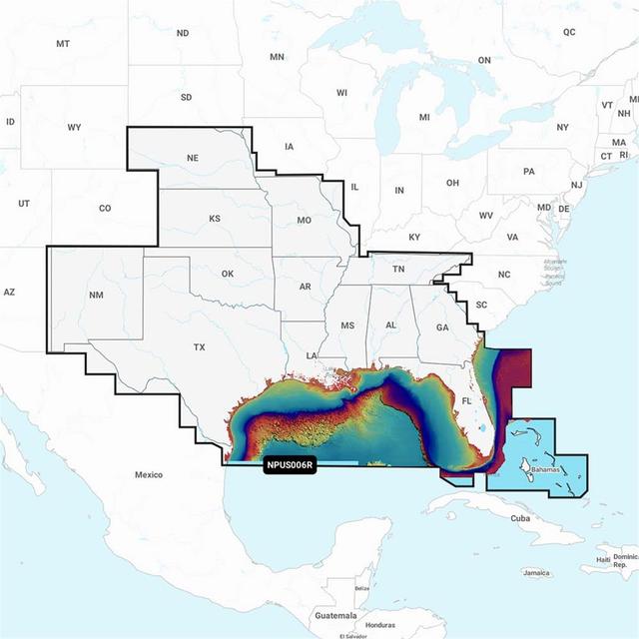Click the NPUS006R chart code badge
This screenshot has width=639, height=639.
290,465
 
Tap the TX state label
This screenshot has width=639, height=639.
199,347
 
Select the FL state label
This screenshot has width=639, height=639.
466,401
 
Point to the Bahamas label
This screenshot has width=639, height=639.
545,468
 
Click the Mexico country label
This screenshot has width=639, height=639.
148,474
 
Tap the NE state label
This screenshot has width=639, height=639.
193,158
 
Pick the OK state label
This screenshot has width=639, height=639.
227,274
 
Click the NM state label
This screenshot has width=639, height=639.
96,295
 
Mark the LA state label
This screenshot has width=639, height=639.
312,355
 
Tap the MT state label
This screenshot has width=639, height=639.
63,44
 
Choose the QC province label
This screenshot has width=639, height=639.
569,32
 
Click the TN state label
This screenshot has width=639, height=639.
397,270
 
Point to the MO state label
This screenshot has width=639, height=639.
304,220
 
